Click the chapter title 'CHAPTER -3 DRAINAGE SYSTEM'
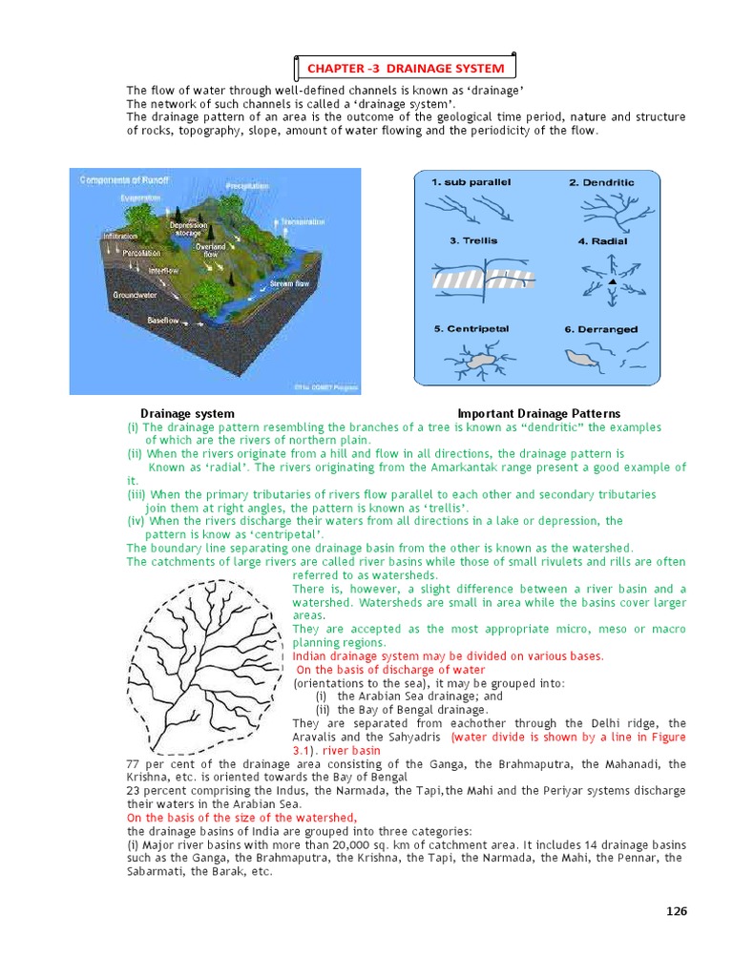coord(405,69)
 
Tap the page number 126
coord(676,911)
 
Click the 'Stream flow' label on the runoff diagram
coord(289,283)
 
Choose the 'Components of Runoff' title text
coord(125,179)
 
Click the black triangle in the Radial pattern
coord(612,282)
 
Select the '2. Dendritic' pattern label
coord(601,182)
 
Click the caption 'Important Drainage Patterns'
coord(538,413)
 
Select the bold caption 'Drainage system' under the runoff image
coord(187,413)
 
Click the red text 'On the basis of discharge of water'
coord(389,670)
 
